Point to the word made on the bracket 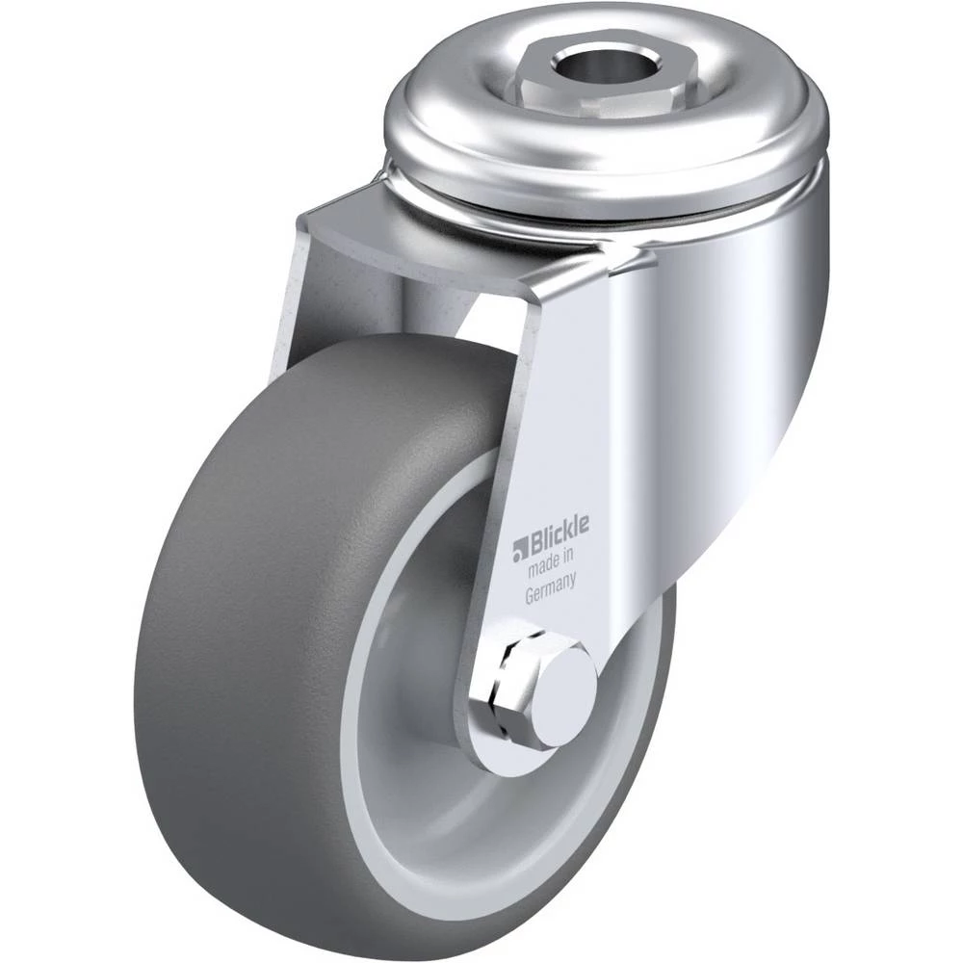point(543,566)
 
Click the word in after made point(568,557)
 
